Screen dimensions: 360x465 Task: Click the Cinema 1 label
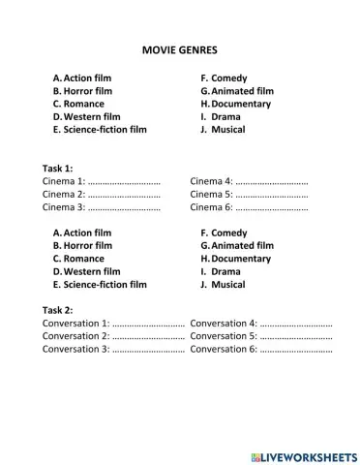(x=64, y=181)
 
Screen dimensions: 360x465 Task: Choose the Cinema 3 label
(x=64, y=207)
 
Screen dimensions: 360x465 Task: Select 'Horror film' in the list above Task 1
(x=88, y=91)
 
